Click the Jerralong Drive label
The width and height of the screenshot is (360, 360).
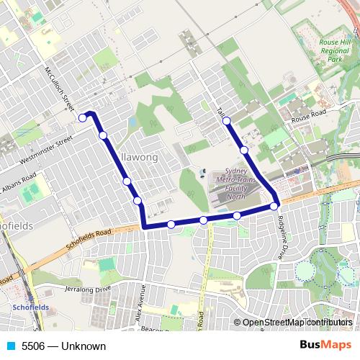(x=89, y=288)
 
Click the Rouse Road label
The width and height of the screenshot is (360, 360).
(x=308, y=115)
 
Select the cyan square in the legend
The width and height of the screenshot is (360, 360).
(x=11, y=346)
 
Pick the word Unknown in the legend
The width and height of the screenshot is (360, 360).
(x=84, y=346)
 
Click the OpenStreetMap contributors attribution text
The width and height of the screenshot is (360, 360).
(x=294, y=323)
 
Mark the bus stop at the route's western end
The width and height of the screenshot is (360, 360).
(x=84, y=117)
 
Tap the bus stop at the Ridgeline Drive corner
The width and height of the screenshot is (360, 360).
(x=274, y=207)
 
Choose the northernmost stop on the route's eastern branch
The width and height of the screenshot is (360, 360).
(x=227, y=121)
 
